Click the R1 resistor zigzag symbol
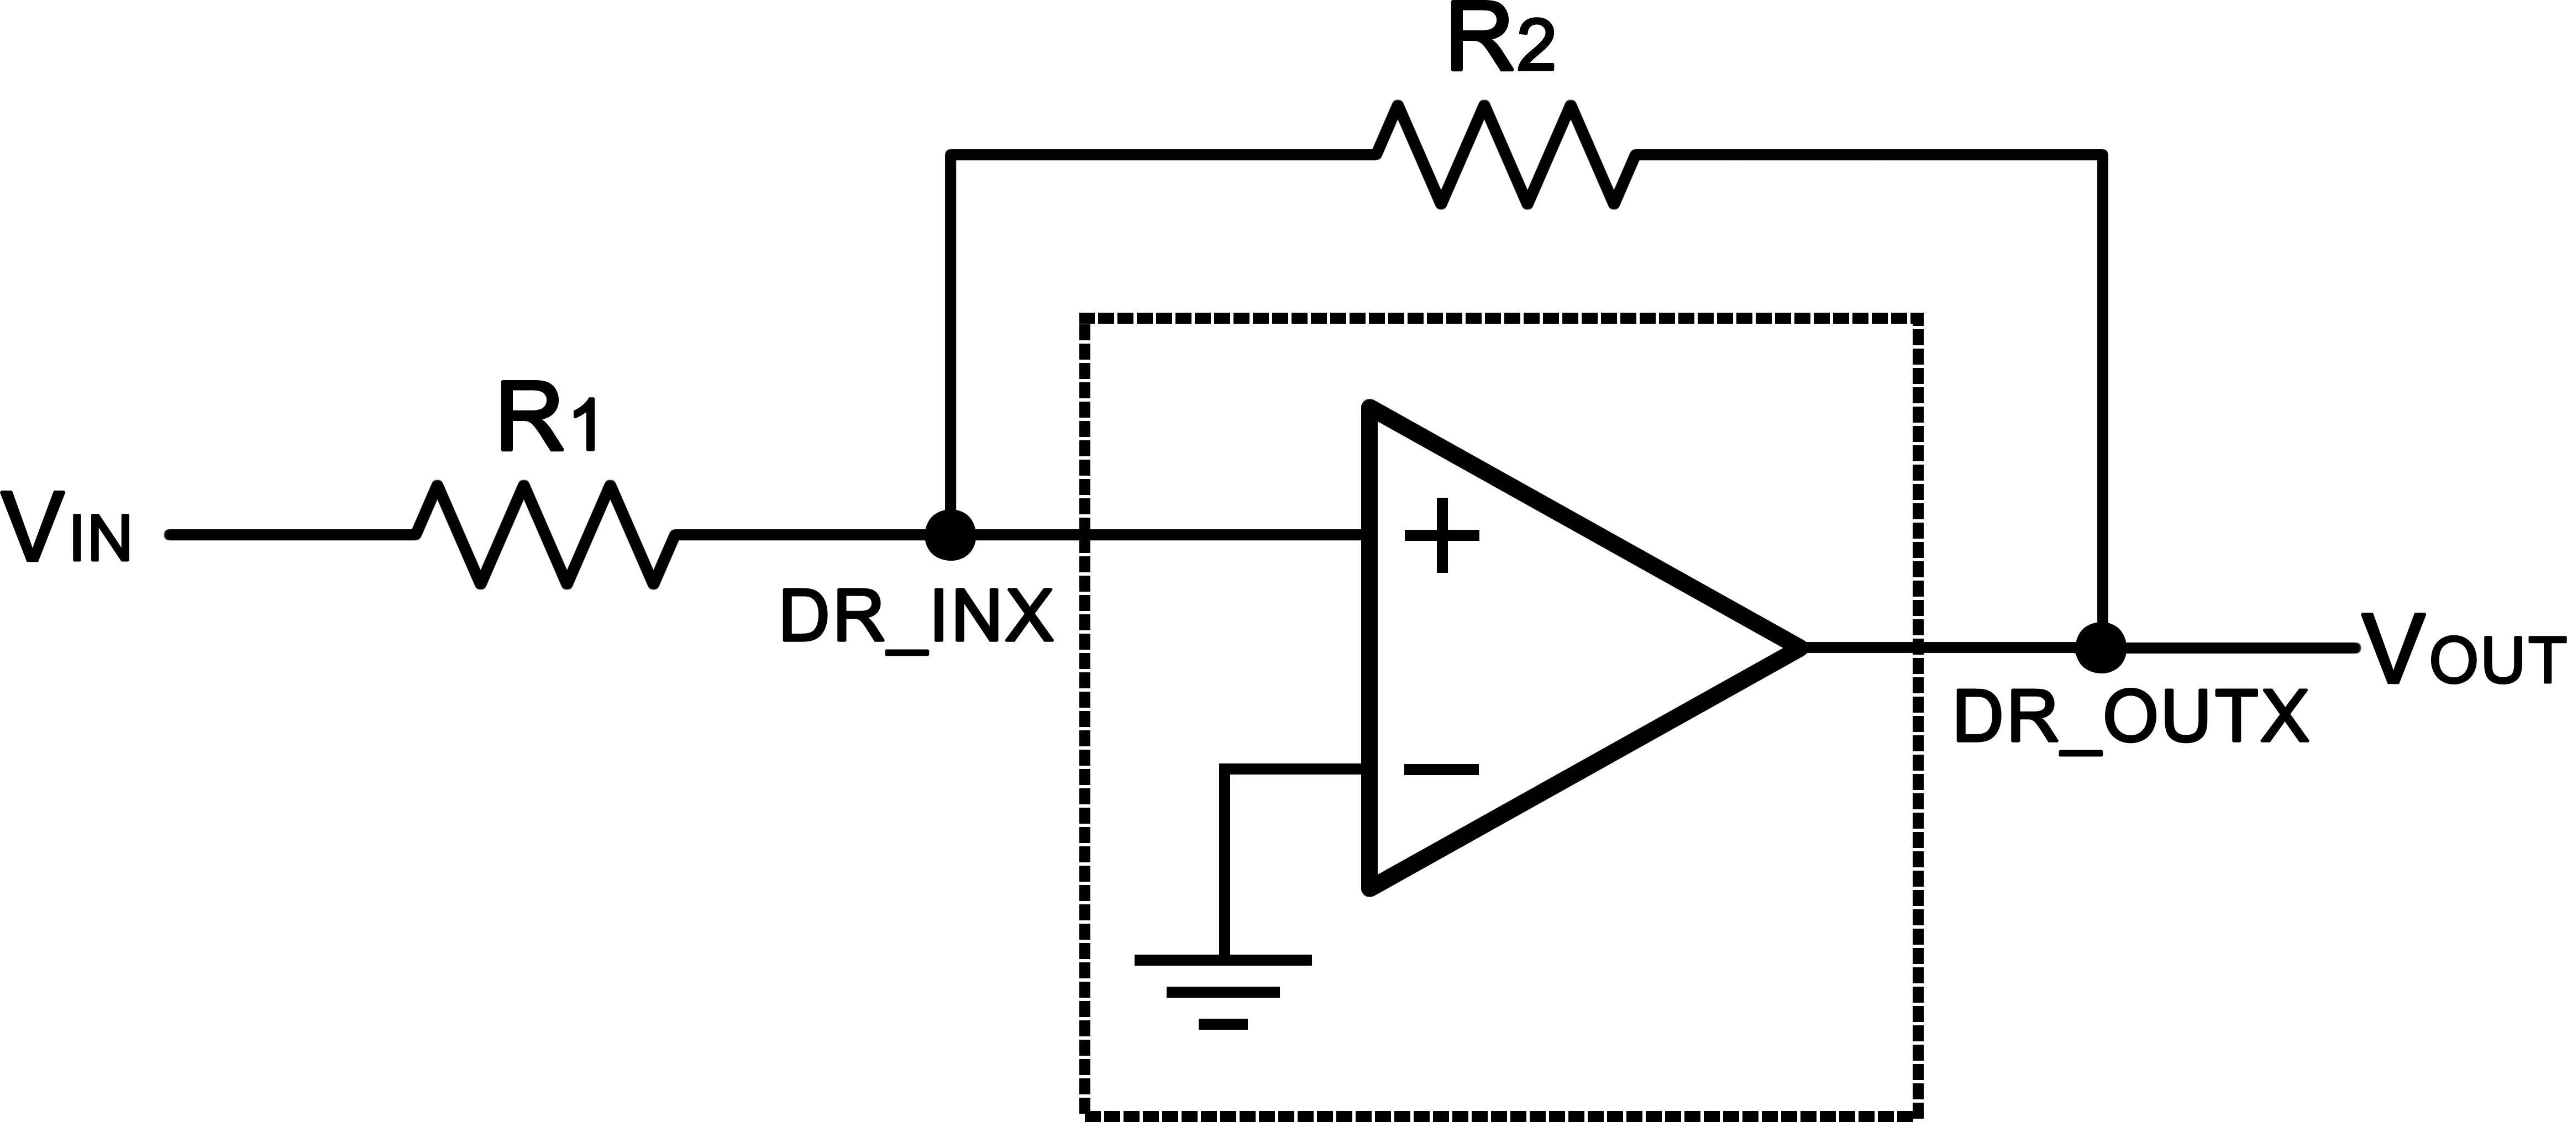pyautogui.click(x=546, y=535)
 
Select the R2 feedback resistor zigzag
pyautogui.click(x=1505, y=155)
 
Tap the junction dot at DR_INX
pyautogui.click(x=951, y=535)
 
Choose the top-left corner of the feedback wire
pyautogui.click(x=951, y=155)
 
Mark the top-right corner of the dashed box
pyautogui.click(x=1918, y=318)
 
